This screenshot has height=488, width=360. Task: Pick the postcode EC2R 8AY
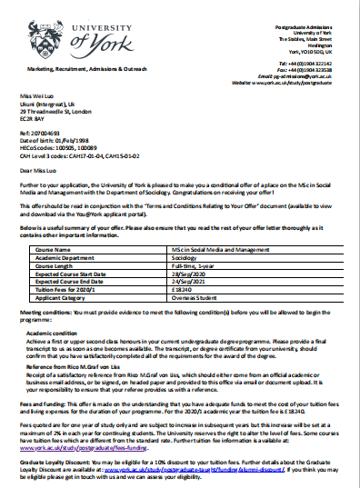tap(35, 118)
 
